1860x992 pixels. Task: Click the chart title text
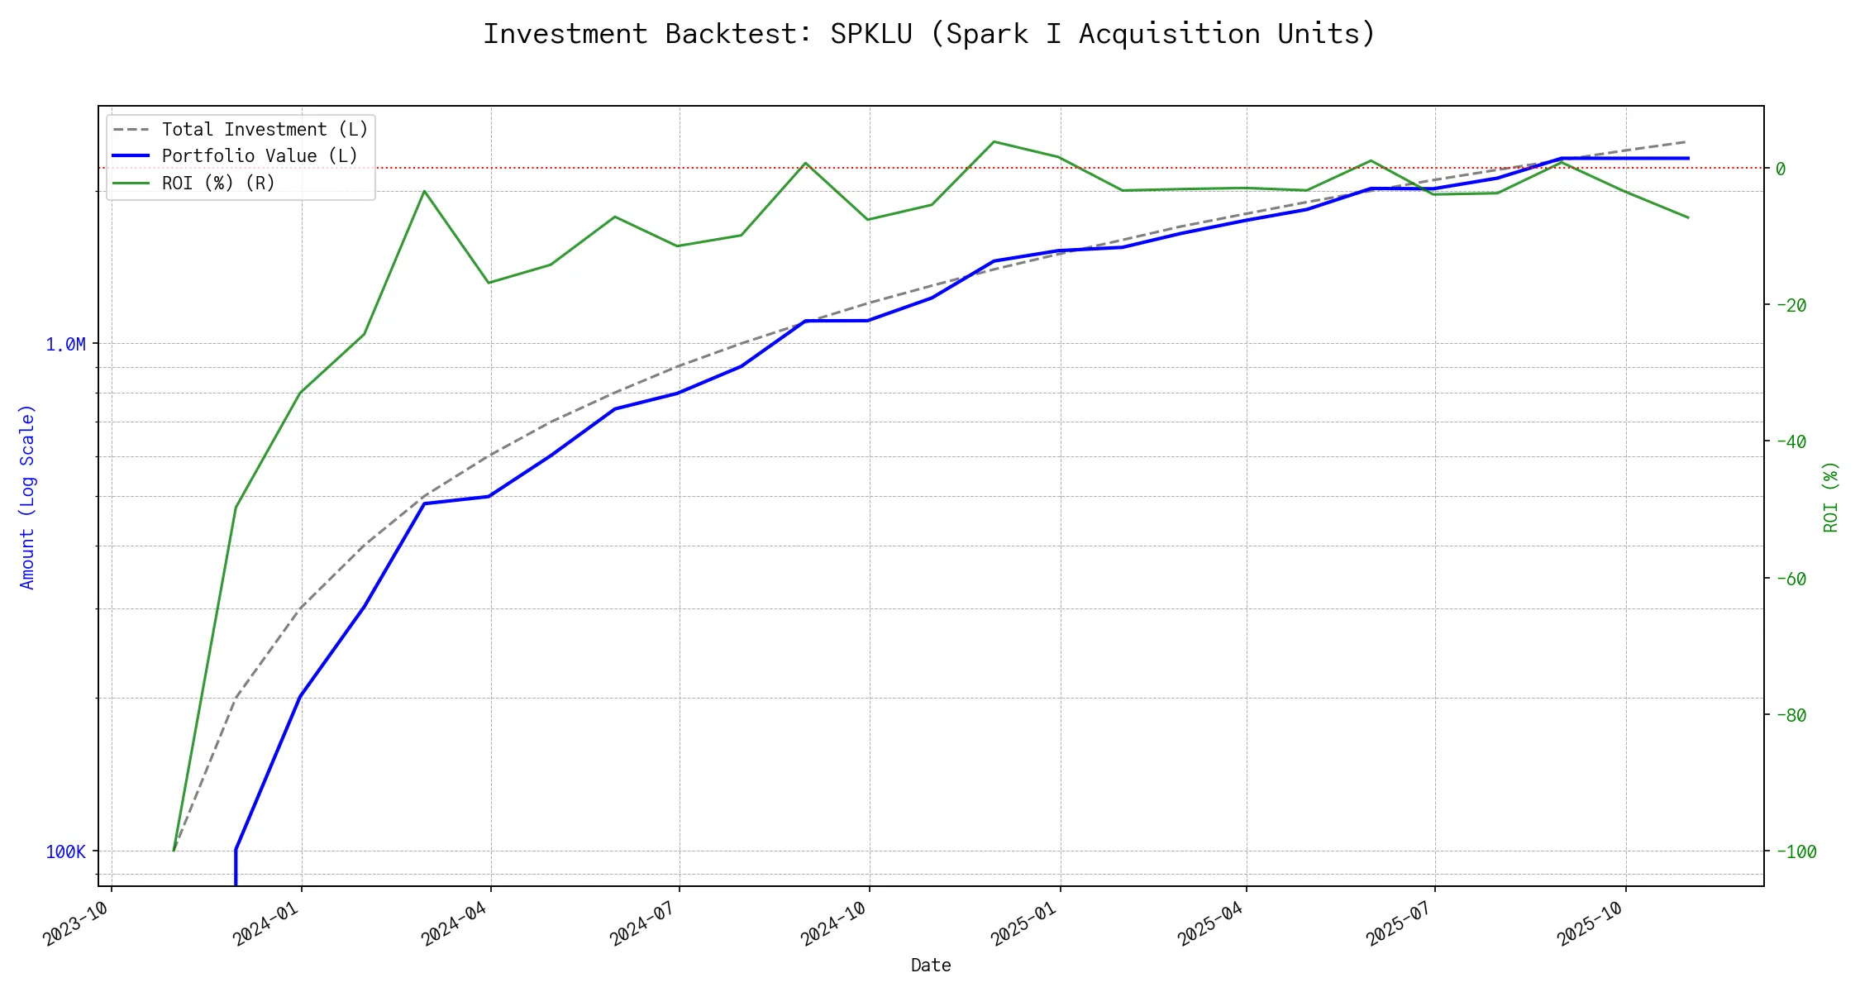pyautogui.click(x=929, y=34)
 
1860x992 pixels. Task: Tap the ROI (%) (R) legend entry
pyautogui.click(x=218, y=183)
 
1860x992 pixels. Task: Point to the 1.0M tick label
pyautogui.click(x=65, y=344)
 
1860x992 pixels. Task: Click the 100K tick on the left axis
pyautogui.click(x=65, y=851)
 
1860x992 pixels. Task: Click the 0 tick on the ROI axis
pyautogui.click(x=1781, y=169)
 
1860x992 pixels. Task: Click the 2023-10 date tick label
pyautogui.click(x=76, y=923)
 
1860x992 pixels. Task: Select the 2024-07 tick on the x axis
pyautogui.click(x=643, y=923)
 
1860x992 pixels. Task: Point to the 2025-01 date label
pyautogui.click(x=1024, y=923)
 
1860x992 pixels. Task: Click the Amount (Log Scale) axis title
pyautogui.click(x=27, y=496)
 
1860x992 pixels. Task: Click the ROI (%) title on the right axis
pyautogui.click(x=1831, y=496)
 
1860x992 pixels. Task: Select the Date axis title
pyautogui.click(x=931, y=966)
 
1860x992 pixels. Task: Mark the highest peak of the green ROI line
pyautogui.click(x=994, y=141)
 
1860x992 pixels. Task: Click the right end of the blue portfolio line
pyautogui.click(x=1688, y=158)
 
